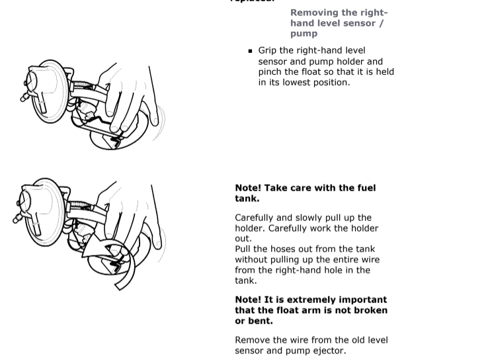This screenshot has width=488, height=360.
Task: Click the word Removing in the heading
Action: (314, 13)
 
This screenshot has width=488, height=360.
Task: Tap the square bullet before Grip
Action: (251, 51)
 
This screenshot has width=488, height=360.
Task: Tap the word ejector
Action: (327, 351)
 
